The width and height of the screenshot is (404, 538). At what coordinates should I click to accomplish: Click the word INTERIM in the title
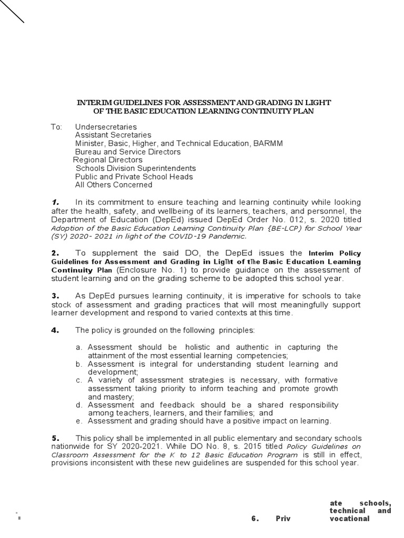93,102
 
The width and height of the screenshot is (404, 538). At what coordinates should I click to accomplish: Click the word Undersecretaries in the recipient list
106,127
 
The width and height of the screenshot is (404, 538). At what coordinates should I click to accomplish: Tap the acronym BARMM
268,143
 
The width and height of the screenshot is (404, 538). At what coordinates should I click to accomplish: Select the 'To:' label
56,127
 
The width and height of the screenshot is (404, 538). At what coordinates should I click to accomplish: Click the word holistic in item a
198,348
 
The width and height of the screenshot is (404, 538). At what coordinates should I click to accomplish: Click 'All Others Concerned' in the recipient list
114,185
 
